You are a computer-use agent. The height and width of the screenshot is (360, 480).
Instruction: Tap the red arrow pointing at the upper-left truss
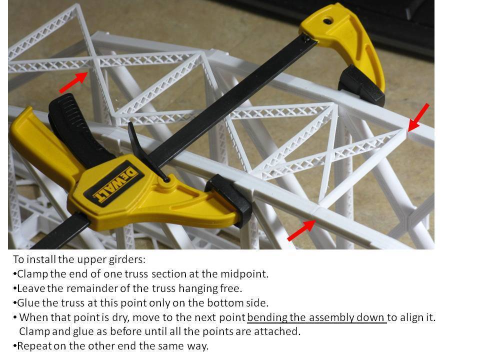point(74,81)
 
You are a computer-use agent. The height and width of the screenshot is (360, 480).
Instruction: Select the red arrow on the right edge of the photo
point(418,117)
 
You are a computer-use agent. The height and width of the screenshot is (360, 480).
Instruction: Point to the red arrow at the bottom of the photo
point(301,230)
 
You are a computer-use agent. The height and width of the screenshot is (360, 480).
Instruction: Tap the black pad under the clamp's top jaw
point(361,86)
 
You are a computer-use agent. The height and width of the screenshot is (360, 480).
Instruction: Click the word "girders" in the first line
point(127,259)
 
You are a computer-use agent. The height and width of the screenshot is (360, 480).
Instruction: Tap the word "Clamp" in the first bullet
point(32,274)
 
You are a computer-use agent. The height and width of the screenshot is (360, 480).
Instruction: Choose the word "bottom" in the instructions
point(226,303)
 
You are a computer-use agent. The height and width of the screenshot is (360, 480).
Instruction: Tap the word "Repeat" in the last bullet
point(34,346)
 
